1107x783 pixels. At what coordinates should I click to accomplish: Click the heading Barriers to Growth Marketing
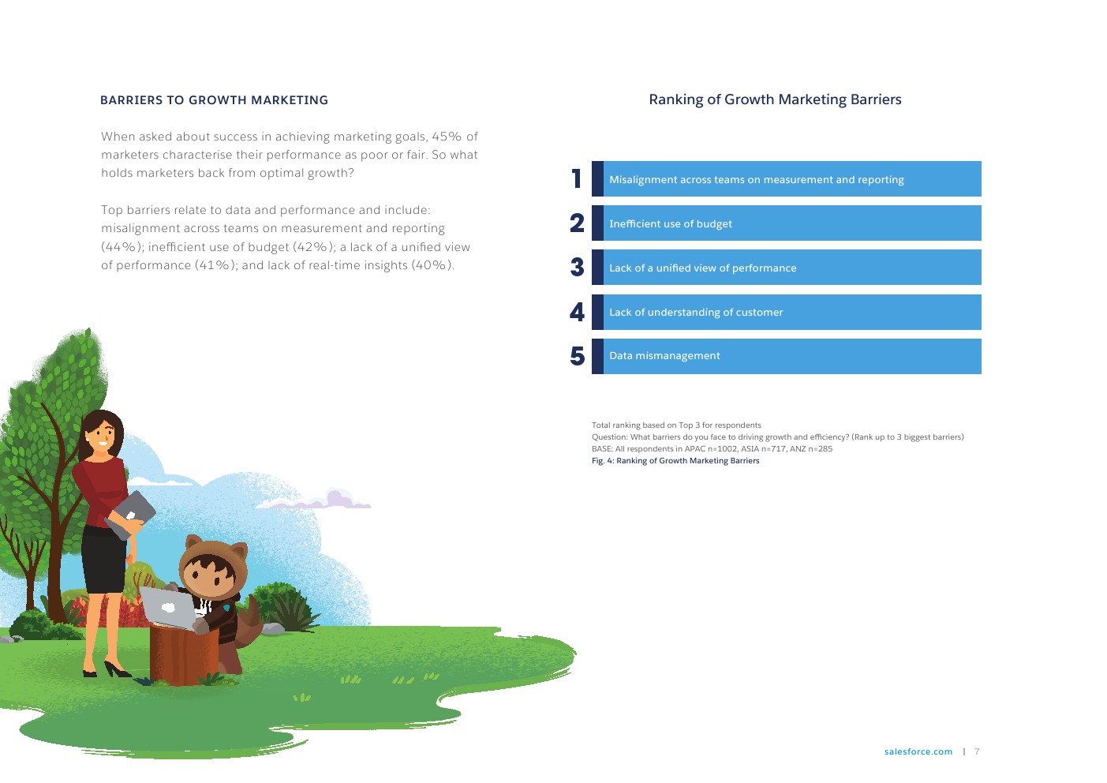point(214,100)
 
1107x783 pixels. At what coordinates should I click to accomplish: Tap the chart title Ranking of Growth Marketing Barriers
point(775,99)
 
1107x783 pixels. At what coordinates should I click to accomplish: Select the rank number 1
point(576,179)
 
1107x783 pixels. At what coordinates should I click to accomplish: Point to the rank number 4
point(577,312)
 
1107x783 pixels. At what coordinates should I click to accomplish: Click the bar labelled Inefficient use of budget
point(787,223)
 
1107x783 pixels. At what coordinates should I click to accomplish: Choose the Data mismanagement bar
point(787,357)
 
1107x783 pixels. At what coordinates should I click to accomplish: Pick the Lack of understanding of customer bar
point(787,312)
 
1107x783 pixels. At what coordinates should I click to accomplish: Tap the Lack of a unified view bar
point(787,268)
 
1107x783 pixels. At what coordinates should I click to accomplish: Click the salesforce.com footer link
point(918,751)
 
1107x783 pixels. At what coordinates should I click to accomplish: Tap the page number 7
point(977,751)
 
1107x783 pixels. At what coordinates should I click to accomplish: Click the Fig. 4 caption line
point(675,461)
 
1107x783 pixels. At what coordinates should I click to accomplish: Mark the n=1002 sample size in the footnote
point(722,449)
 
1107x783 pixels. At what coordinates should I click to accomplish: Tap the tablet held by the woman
point(131,514)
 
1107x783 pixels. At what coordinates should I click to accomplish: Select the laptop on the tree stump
point(168,608)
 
